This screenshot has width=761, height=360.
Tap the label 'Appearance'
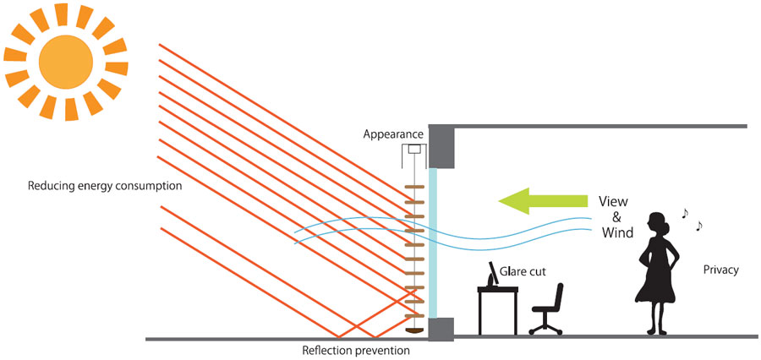[x=393, y=134]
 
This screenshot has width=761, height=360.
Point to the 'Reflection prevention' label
[x=356, y=350]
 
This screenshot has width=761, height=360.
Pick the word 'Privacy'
[x=721, y=270]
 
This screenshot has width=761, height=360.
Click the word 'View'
[x=614, y=203]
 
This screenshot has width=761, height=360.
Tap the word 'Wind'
[x=616, y=232]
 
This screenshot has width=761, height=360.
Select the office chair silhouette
[x=547, y=308]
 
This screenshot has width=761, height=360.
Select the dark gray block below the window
[x=441, y=328]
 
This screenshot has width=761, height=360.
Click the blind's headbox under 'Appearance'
[x=413, y=150]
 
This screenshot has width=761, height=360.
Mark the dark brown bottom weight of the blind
[x=413, y=331]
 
